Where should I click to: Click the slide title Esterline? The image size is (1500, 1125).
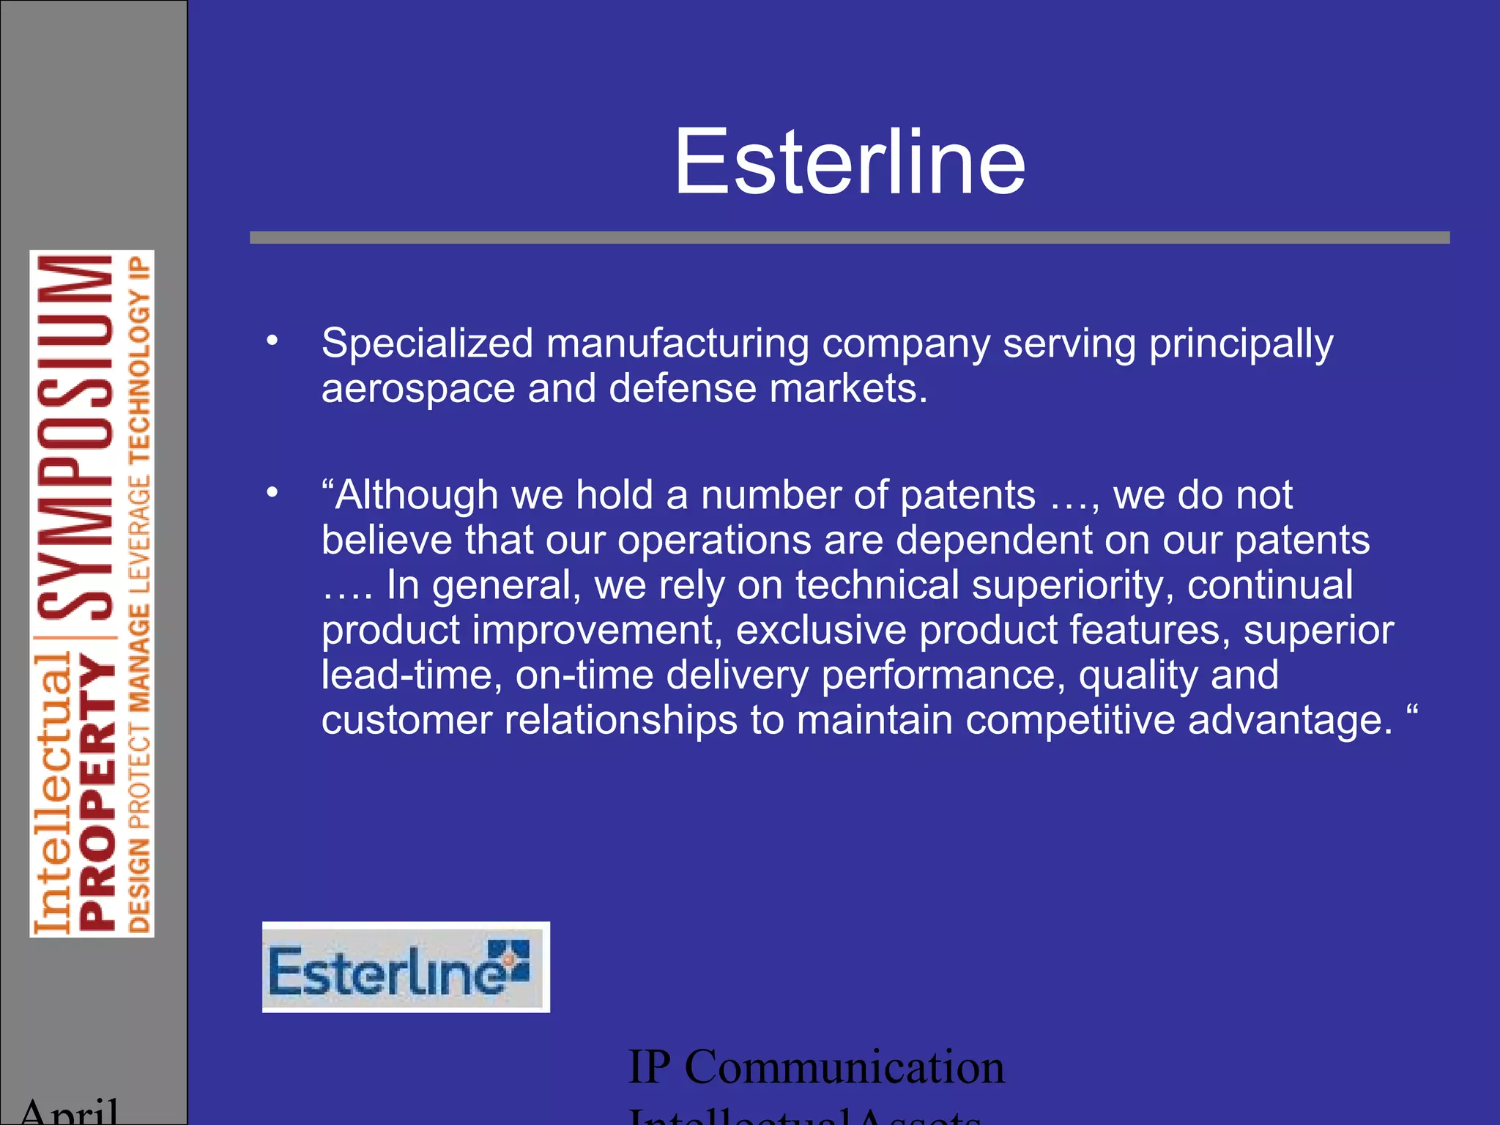(x=849, y=162)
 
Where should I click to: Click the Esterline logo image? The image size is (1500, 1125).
(x=406, y=967)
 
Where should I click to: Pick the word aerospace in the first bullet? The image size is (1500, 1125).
(x=417, y=389)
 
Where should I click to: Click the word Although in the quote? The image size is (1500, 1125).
(x=417, y=495)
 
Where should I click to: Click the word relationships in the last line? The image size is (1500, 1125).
(x=621, y=720)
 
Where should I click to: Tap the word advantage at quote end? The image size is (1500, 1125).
(x=1290, y=720)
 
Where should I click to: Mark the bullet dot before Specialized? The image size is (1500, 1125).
(x=272, y=341)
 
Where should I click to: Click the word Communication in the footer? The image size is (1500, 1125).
(x=844, y=1066)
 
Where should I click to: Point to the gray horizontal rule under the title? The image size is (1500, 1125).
(x=849, y=237)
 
